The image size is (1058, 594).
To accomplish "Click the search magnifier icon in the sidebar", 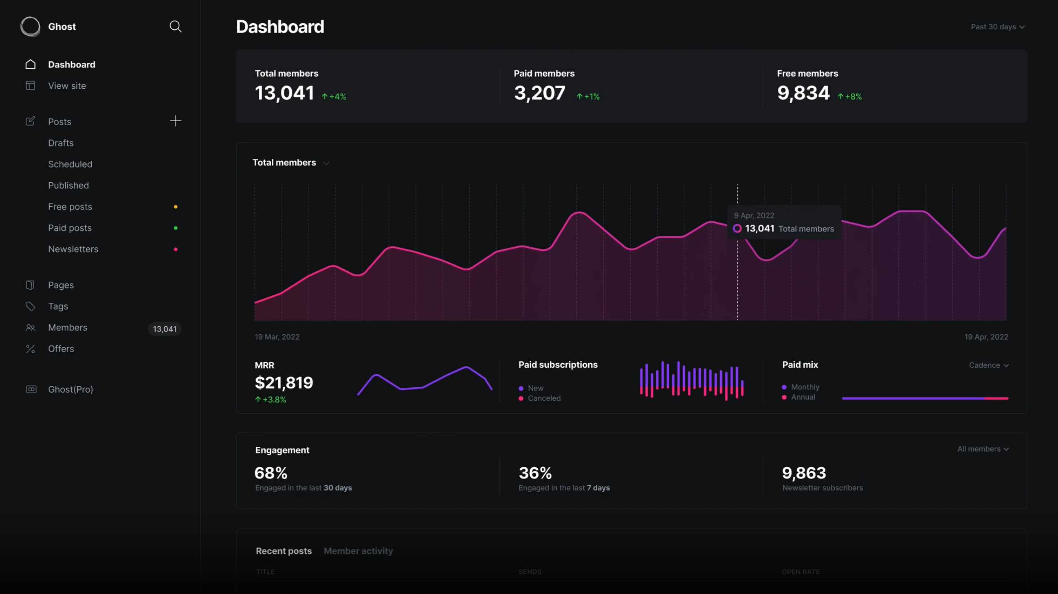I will (175, 27).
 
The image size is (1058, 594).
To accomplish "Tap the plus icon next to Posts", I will (175, 121).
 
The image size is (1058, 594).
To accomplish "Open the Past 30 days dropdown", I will (997, 27).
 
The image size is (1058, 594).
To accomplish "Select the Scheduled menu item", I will (70, 164).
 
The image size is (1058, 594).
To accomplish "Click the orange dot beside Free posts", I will (176, 207).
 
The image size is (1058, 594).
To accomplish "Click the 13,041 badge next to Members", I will (165, 329).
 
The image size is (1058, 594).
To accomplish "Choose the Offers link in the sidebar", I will (61, 349).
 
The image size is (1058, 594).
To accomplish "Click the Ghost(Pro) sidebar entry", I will (70, 389).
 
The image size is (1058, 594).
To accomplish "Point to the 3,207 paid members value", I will (539, 93).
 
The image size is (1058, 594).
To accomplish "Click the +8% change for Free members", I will (850, 97).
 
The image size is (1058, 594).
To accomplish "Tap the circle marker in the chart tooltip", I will (737, 229).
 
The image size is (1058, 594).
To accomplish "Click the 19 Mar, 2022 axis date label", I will (277, 337).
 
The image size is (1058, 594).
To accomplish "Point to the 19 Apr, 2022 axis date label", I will (986, 337).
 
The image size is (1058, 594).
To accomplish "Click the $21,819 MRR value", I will (284, 383).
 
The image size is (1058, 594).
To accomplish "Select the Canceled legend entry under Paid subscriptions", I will (544, 398).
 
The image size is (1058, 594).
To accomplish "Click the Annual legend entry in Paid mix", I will (803, 397).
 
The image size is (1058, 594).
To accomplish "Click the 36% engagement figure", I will (535, 473).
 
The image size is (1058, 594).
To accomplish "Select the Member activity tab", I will (358, 551).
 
